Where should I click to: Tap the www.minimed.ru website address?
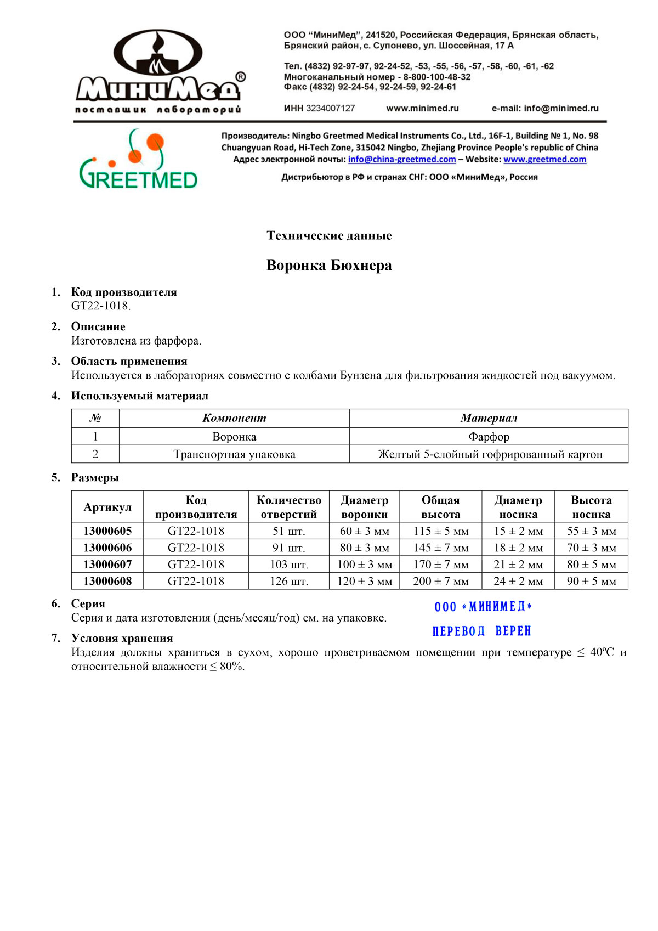click(x=422, y=109)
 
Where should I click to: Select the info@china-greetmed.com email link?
click(x=402, y=160)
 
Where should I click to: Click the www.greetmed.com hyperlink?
click(x=544, y=160)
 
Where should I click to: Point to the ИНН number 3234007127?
click(x=330, y=109)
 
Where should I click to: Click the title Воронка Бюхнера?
click(x=329, y=266)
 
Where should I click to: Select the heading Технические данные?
click(x=329, y=236)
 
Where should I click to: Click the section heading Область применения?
click(x=129, y=361)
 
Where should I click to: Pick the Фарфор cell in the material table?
click(x=489, y=437)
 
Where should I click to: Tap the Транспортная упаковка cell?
click(x=234, y=454)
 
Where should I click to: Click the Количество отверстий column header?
click(x=289, y=507)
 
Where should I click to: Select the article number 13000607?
click(x=107, y=565)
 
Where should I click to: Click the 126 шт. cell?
click(x=289, y=582)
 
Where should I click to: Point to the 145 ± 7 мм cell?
click(x=441, y=548)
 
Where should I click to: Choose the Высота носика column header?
click(x=591, y=507)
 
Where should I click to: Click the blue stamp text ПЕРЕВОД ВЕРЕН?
click(x=481, y=631)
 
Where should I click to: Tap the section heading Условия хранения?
click(x=122, y=638)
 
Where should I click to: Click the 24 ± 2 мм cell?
click(x=518, y=582)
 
